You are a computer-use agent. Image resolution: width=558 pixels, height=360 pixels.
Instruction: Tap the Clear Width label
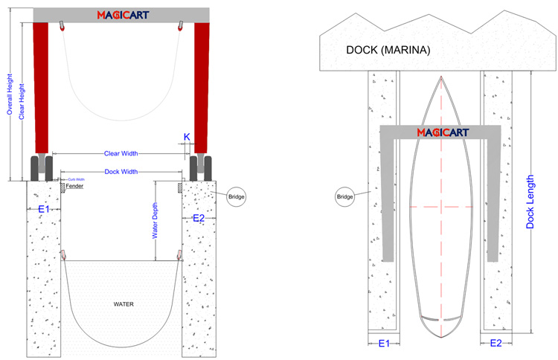tap(123, 154)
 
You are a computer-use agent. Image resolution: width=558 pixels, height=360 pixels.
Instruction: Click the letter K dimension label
tap(187, 137)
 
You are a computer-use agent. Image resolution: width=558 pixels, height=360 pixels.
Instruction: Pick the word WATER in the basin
tap(123, 304)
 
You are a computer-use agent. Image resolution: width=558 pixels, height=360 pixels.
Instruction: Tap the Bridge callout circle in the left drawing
tap(236, 196)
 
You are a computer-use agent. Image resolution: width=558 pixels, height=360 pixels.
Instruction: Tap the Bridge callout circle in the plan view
tap(344, 196)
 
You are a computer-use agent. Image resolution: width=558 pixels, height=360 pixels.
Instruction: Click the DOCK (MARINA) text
tap(385, 51)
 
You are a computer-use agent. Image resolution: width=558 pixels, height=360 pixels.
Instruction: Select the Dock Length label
tap(530, 201)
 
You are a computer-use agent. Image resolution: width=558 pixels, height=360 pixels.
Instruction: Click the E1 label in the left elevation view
tap(44, 210)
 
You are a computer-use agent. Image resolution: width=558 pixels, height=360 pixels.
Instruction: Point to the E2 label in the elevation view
tap(199, 218)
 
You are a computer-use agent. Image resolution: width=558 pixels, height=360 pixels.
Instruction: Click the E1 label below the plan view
tap(384, 344)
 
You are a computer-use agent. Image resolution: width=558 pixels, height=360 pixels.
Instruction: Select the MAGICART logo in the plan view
tap(440, 132)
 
